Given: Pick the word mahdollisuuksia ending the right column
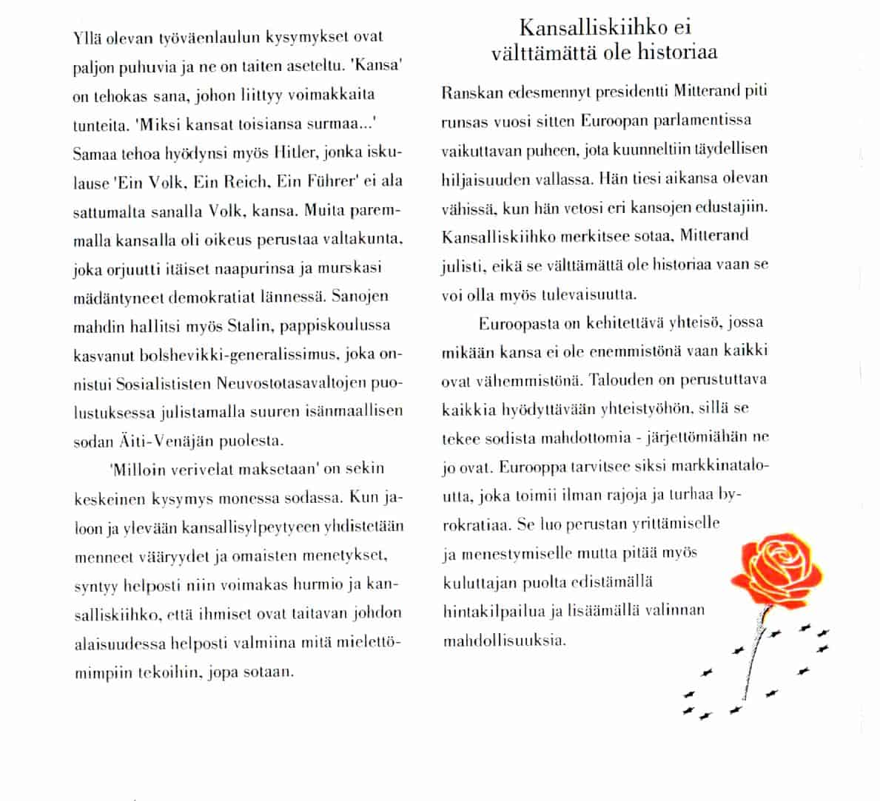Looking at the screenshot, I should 503,641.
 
